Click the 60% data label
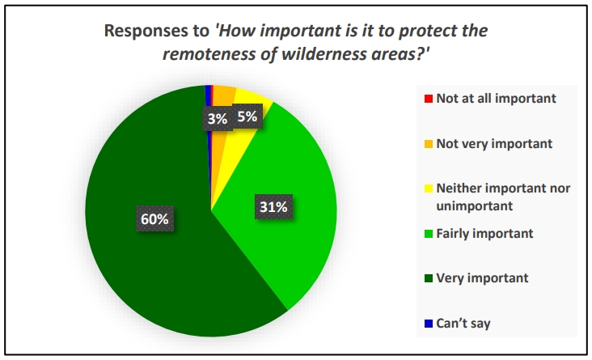[x=154, y=218]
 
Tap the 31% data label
[x=273, y=206]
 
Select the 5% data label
[x=247, y=116]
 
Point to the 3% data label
[x=217, y=119]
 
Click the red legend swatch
[x=428, y=99]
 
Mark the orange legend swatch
[x=428, y=144]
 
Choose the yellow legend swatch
[x=428, y=188]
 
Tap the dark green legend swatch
[x=428, y=278]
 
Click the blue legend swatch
[x=428, y=324]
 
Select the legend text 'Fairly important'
[x=484, y=234]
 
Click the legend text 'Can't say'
[x=463, y=324]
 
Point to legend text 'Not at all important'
[x=496, y=98]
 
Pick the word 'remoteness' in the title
[x=209, y=53]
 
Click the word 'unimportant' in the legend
[x=475, y=205]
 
